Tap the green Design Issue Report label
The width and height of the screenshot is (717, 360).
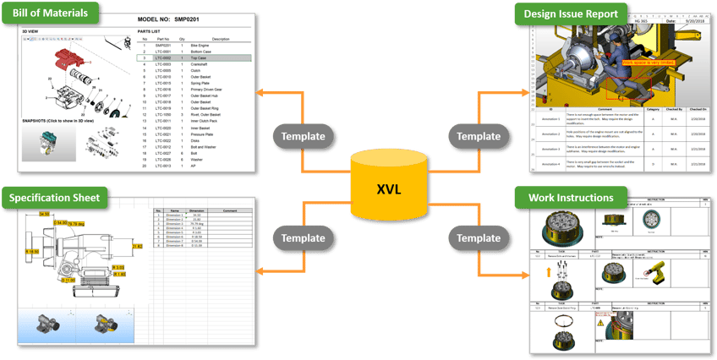[x=576, y=14]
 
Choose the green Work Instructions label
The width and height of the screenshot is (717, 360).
[x=571, y=199]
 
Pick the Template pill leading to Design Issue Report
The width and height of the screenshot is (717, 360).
[x=479, y=136]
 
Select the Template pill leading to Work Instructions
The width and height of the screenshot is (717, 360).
[x=479, y=237]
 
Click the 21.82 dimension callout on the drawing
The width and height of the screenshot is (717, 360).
[x=136, y=246]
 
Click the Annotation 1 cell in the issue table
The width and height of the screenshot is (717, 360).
[x=550, y=120]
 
